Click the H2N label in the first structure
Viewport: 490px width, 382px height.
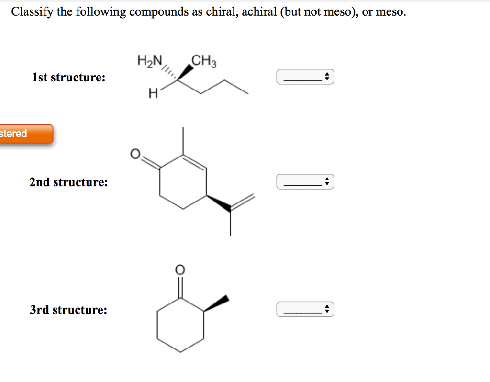click(x=150, y=61)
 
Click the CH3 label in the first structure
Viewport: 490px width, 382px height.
click(x=204, y=61)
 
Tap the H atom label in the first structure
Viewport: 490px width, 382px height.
click(x=153, y=93)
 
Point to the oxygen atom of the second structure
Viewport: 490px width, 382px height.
click(x=135, y=154)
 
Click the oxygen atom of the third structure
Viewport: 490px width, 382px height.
click(x=180, y=270)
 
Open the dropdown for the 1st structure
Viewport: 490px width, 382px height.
click(x=305, y=77)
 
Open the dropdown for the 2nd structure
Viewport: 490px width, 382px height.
click(x=305, y=181)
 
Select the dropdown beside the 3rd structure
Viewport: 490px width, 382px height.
click(x=305, y=309)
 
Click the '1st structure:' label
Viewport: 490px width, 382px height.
click(x=69, y=77)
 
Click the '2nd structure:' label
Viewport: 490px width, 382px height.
click(x=68, y=182)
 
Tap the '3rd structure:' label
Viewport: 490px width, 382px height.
click(x=68, y=309)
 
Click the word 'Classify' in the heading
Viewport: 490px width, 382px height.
click(x=33, y=12)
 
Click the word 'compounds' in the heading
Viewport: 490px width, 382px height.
click(x=159, y=12)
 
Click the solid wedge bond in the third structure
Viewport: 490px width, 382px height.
click(x=216, y=303)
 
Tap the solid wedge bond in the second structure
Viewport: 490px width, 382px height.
click(x=218, y=203)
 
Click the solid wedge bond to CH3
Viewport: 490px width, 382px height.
click(x=186, y=72)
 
